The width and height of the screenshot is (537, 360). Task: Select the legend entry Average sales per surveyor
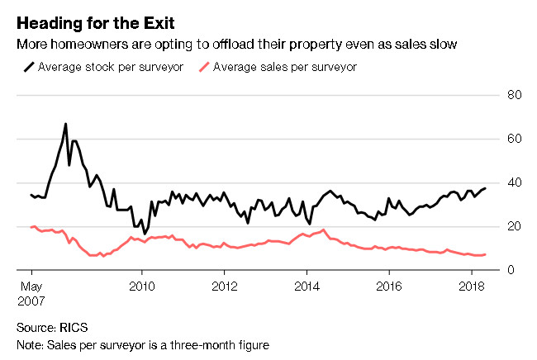pos(286,66)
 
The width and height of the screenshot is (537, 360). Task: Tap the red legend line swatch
pos(202,66)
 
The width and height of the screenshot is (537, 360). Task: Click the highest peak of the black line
pos(65,125)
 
